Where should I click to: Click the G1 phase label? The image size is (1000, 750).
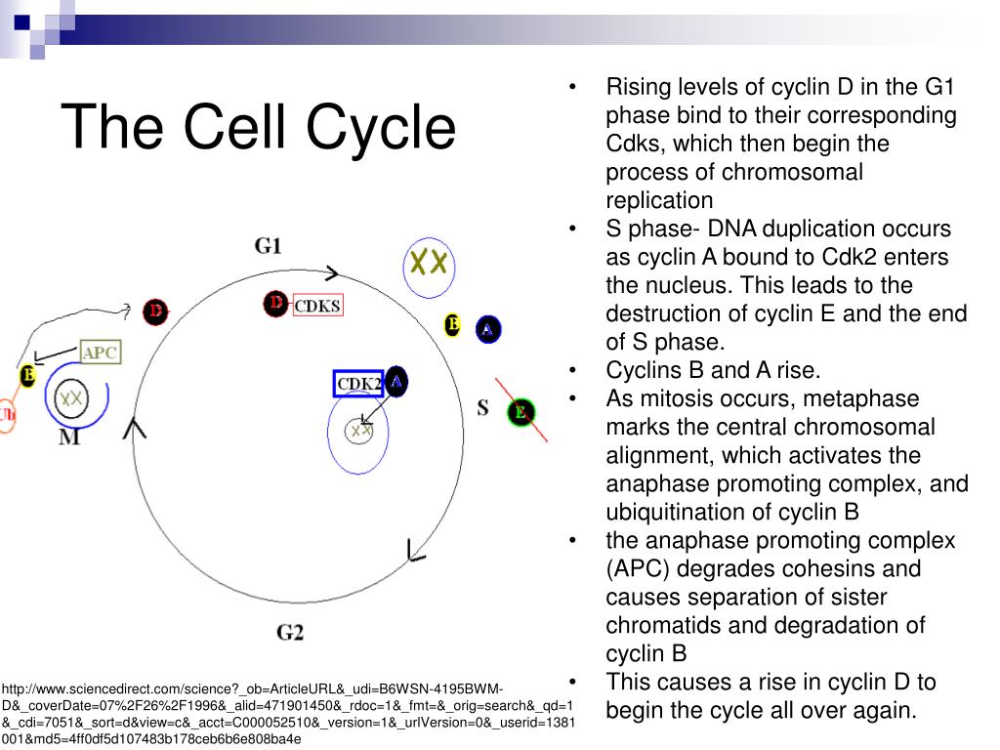(269, 245)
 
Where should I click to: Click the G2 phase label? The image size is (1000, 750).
(290, 632)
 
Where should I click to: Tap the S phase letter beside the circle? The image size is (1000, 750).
(482, 407)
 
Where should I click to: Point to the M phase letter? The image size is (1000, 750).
(69, 437)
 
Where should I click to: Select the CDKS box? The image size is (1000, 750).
(317, 306)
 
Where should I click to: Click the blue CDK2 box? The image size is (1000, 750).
(358, 384)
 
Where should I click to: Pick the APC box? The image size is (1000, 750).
(101, 353)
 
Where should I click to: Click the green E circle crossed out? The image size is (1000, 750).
(521, 412)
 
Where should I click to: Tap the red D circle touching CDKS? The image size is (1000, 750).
(276, 304)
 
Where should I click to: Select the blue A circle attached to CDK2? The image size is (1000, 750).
(396, 381)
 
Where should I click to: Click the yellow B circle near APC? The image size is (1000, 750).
(28, 375)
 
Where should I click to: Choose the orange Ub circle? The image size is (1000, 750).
(7, 414)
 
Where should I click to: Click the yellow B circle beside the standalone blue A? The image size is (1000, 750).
(452, 325)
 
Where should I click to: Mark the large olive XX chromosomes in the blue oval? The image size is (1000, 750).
(429, 262)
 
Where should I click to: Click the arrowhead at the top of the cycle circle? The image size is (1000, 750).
(332, 273)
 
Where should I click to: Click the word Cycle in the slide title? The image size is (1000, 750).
(381, 127)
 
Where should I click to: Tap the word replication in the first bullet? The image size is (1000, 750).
(659, 200)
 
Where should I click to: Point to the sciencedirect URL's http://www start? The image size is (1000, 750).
(39, 687)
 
